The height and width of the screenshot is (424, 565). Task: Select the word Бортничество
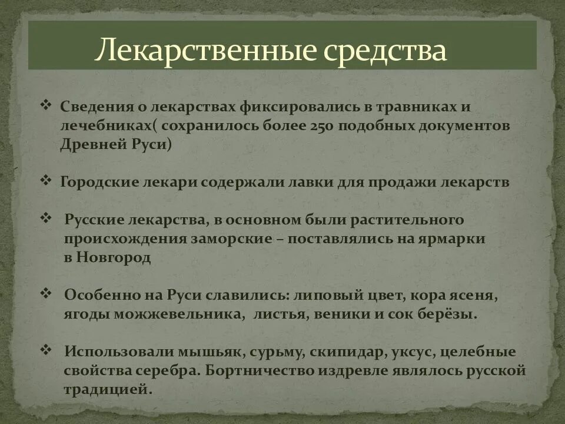[x=260, y=371]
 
